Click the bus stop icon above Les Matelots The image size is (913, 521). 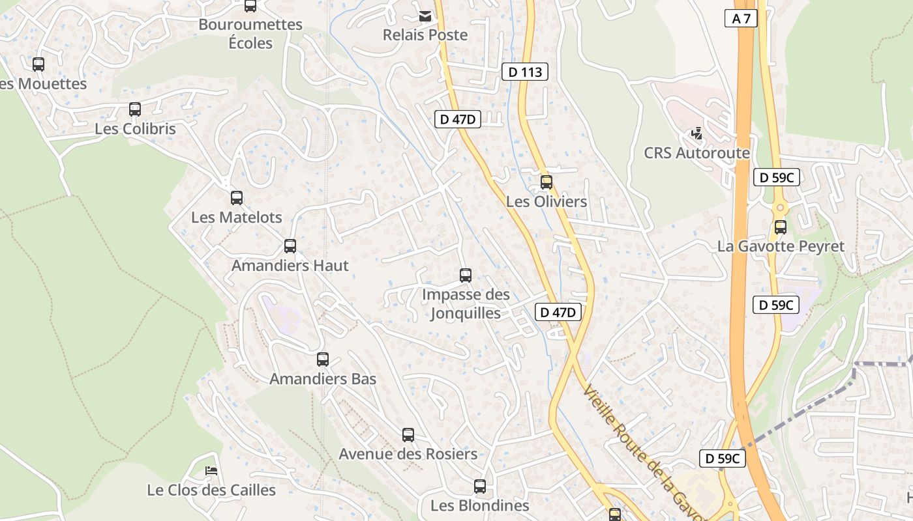tap(237, 198)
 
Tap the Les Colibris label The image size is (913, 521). tap(135, 129)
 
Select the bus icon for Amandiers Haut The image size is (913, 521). tap(290, 246)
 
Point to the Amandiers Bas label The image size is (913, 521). tap(323, 379)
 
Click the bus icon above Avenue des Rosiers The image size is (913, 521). tap(408, 435)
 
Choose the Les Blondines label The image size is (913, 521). tap(479, 505)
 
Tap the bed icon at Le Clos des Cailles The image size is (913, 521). tap(211, 471)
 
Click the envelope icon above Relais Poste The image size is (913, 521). tap(425, 16)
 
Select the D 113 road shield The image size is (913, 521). tap(525, 72)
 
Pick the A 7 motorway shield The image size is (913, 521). tap(741, 18)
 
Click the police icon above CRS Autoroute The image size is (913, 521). tap(696, 134)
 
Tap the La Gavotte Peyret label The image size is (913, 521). tap(781, 246)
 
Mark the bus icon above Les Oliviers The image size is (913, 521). tap(546, 182)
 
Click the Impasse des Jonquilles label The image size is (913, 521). tap(466, 303)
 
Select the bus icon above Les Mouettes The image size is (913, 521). tap(38, 64)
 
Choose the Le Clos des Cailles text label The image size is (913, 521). tap(211, 490)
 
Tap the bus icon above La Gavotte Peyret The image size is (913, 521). tap(781, 227)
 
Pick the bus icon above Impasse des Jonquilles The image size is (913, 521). tap(466, 275)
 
